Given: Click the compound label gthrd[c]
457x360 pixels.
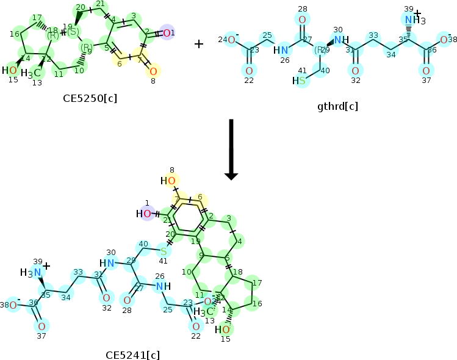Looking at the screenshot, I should [337, 106].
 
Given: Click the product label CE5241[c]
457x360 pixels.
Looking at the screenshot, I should [132, 355].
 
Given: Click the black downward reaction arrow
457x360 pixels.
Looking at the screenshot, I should [231, 149].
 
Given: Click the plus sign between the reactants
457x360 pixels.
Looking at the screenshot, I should [199, 43].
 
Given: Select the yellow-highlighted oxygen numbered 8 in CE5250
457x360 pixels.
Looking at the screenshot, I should [153, 71].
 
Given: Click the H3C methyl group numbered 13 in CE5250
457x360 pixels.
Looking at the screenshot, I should [32, 74].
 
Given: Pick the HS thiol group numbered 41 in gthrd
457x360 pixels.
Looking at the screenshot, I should [299, 81].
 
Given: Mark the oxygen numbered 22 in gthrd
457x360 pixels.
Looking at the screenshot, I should [249, 71].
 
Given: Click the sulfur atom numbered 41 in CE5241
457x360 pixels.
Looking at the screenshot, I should [164, 250].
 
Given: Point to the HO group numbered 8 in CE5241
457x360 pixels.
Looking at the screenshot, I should [169, 181].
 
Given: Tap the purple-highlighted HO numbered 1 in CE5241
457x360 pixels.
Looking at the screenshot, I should [144, 214].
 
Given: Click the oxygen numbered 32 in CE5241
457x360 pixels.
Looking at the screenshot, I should [106, 298].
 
